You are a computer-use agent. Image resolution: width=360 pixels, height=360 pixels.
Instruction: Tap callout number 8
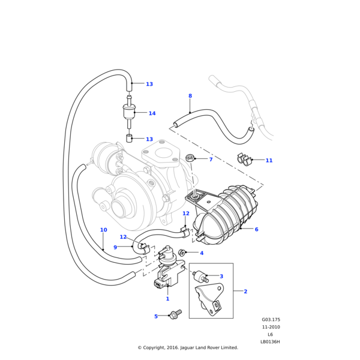pos(190,96)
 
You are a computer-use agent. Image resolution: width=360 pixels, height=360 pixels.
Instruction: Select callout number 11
pos(269,161)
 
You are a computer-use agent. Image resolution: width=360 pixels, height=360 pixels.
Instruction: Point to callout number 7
pos(211,160)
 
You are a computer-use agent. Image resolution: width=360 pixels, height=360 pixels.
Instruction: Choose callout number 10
pos(103,230)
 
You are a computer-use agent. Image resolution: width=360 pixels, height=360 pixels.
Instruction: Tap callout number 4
pos(202,253)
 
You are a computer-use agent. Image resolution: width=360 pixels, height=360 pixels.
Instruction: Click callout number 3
pos(221,277)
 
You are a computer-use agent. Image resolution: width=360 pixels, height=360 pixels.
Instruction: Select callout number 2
pos(245,292)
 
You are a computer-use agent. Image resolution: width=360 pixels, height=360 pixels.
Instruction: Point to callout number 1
pos(167,299)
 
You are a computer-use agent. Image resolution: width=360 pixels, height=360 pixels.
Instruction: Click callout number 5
pos(156,316)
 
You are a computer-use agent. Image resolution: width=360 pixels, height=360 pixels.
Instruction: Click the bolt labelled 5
pos(176,314)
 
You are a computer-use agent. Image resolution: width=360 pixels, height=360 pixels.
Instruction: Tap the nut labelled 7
pos(190,158)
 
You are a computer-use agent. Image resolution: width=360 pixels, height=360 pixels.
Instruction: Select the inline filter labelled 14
pos(128,113)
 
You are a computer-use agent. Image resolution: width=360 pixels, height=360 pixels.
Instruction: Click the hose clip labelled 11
pos(244,160)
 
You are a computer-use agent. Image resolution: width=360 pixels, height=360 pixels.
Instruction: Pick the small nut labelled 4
pos(184,253)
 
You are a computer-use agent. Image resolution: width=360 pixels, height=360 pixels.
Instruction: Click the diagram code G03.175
pos(271,320)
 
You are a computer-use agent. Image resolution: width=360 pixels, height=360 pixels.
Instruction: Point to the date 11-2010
pos(271,327)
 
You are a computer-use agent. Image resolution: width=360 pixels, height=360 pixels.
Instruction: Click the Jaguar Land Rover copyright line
pos(188,347)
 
